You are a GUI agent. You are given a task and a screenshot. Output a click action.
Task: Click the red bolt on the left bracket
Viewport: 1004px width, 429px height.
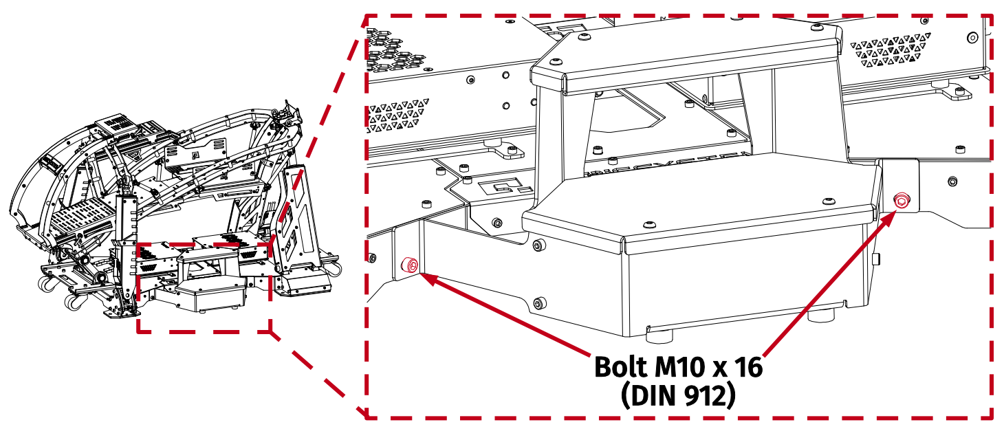(411, 265)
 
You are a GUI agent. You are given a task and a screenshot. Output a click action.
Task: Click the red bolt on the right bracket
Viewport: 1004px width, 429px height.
(901, 201)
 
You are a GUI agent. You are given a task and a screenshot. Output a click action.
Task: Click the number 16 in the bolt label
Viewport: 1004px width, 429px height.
(747, 367)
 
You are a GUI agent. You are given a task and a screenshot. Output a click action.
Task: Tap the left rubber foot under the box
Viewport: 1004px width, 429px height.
(659, 336)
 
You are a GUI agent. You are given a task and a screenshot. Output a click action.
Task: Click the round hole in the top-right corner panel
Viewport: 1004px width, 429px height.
(971, 37)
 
